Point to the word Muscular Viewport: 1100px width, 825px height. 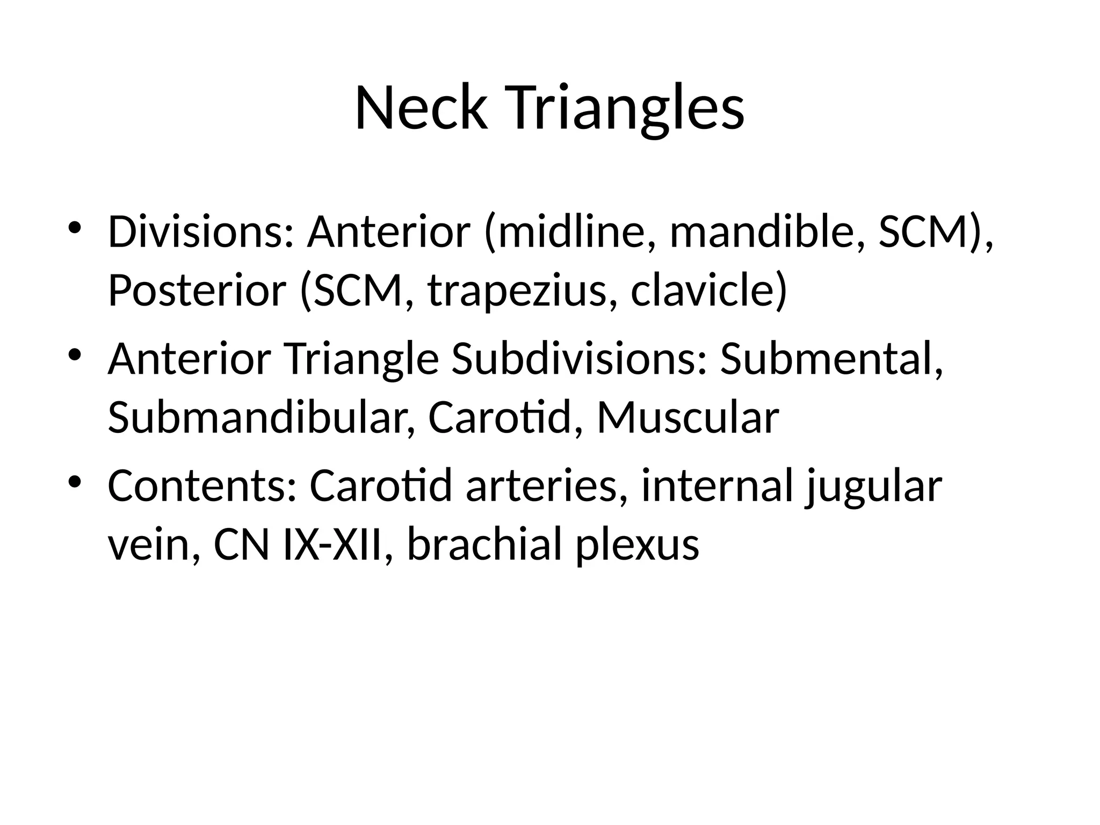[x=688, y=417]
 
